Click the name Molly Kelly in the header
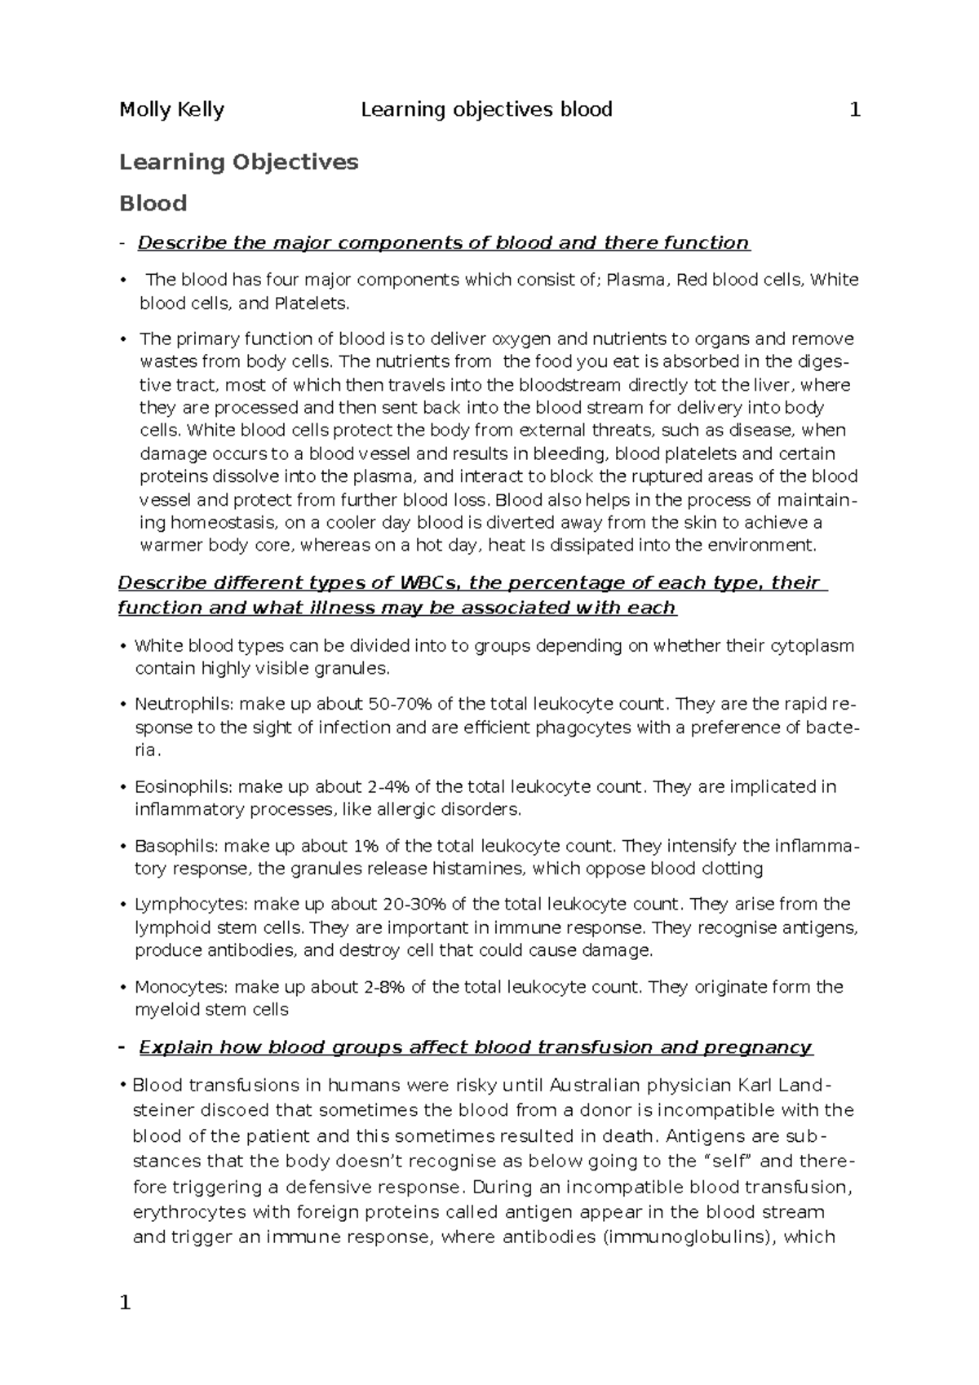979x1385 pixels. pos(171,109)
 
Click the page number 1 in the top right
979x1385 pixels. pos(855,109)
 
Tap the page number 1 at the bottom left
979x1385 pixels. pos(125,1303)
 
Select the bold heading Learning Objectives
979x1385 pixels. pos(238,162)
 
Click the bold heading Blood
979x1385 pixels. pos(153,203)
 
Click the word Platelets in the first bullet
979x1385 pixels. pos(311,303)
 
